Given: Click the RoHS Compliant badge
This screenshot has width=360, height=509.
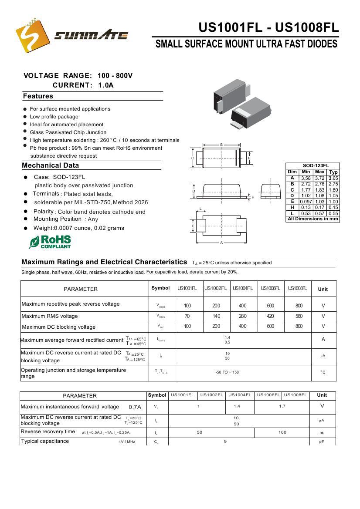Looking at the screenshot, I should pyautogui.click(x=50, y=242).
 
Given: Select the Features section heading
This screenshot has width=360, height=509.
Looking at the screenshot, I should pyautogui.click(x=38, y=96).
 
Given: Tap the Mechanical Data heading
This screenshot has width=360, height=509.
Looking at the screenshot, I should pyautogui.click(x=51, y=165).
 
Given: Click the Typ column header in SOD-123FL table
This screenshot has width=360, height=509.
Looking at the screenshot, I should pyautogui.click(x=333, y=172).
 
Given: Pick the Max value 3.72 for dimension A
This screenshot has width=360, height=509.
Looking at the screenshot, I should pyautogui.click(x=319, y=178).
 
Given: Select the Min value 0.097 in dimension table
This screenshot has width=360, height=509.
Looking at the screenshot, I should pyautogui.click(x=306, y=202).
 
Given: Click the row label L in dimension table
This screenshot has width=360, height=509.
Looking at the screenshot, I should pyautogui.click(x=292, y=213).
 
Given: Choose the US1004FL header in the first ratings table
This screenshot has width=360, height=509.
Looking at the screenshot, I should pyautogui.click(x=243, y=288).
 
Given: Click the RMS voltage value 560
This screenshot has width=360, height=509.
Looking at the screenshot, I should pyautogui.click(x=299, y=316).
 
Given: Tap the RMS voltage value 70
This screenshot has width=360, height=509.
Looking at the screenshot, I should pyautogui.click(x=187, y=316).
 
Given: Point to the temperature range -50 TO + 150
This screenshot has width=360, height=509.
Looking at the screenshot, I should pyautogui.click(x=227, y=372).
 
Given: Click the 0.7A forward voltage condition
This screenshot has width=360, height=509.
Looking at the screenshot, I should pyautogui.click(x=135, y=407).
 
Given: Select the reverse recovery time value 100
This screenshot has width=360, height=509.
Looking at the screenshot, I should pyautogui.click(x=282, y=432).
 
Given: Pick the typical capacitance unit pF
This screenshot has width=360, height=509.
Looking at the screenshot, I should pyautogui.click(x=322, y=442).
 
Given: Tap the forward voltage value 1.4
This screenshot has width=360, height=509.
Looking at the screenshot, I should pyautogui.click(x=237, y=406).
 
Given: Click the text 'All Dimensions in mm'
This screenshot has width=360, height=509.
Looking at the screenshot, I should pyautogui.click(x=312, y=219).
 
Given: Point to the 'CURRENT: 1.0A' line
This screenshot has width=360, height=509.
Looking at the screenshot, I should pyautogui.click(x=83, y=85).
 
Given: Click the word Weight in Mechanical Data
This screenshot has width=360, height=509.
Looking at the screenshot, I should pyautogui.click(x=44, y=228).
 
